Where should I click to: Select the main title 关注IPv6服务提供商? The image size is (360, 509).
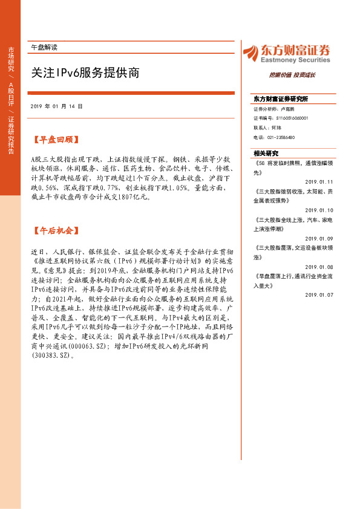(x=85, y=73)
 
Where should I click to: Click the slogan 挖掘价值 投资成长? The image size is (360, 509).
(x=292, y=75)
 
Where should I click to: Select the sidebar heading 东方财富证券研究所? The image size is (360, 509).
(x=280, y=99)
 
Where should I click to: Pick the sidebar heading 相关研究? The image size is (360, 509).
(x=266, y=153)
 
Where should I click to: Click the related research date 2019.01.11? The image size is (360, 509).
(x=319, y=181)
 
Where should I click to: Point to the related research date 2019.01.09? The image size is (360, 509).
(x=319, y=222)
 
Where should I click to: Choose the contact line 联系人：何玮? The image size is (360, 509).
(x=267, y=128)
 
